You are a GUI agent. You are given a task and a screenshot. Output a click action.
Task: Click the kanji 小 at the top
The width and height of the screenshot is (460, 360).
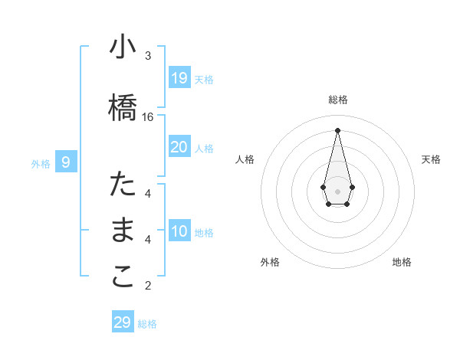point(123,48)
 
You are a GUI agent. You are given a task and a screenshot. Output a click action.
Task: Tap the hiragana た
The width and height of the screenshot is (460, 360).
point(123,185)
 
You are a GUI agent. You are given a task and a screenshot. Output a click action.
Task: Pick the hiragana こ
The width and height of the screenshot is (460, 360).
point(123,277)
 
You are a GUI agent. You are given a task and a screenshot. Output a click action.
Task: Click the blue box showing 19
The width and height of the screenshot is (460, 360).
point(179,78)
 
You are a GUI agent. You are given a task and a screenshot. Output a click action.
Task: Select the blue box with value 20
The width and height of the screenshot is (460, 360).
point(179,147)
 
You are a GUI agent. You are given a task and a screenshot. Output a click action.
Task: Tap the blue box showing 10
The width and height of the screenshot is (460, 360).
point(179,232)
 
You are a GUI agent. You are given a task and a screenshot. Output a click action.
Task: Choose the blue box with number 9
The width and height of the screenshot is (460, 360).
point(66,162)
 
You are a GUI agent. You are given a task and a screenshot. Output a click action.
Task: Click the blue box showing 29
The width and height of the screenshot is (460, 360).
point(123,322)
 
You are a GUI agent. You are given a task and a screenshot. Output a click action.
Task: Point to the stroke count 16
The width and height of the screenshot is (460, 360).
point(148,117)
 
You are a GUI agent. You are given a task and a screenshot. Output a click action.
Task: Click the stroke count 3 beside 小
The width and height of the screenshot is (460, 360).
point(148,56)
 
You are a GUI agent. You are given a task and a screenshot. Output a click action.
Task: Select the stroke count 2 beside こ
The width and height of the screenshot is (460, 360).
point(148,286)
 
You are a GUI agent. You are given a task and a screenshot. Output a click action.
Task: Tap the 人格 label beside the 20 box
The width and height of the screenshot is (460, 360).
point(204,148)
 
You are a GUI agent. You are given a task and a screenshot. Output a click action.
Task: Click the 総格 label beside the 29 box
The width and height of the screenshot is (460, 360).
point(147,324)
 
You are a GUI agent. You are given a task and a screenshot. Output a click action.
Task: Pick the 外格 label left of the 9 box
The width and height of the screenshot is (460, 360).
point(41,163)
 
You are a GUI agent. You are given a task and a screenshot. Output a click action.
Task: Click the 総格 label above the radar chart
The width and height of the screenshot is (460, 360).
point(338,100)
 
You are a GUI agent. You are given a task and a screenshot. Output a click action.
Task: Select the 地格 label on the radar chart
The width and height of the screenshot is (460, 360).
point(402,262)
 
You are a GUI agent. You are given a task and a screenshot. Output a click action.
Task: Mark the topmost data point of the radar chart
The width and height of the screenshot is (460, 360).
point(337,130)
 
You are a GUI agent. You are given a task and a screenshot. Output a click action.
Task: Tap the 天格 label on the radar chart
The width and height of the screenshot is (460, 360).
point(431,159)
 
